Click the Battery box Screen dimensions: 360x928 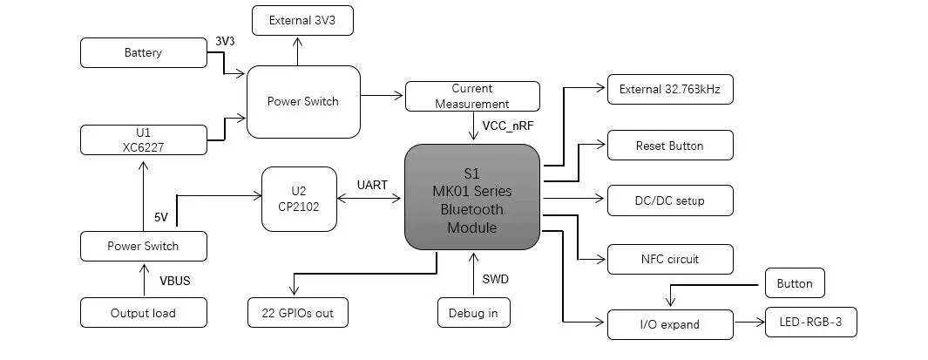143,52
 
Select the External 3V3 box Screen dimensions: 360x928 302,20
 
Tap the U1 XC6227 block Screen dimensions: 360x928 143,139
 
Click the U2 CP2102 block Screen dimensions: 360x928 299,199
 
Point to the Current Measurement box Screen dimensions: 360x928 471,96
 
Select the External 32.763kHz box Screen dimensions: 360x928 669,89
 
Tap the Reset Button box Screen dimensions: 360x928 669,146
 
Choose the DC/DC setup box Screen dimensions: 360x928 669,200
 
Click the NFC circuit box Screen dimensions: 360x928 669,259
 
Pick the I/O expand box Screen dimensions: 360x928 669,324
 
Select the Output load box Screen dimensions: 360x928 143,313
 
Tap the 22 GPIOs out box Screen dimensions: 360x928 297,313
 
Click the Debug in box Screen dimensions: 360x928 473,313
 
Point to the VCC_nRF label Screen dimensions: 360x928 512,126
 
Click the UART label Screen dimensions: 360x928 372,185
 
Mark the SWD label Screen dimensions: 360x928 495,279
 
